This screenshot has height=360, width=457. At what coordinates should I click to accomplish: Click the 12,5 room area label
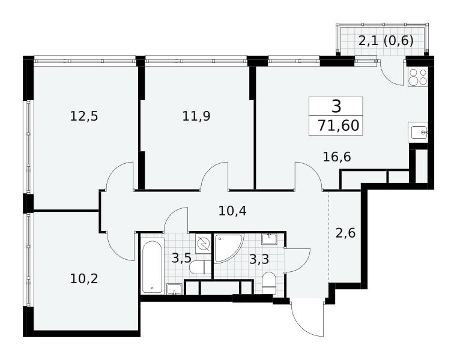(x=84, y=116)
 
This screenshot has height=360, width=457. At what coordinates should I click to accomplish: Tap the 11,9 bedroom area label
(x=196, y=116)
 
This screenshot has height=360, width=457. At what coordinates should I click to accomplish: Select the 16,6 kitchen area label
(x=337, y=157)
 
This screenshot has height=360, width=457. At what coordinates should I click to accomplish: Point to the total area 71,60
(x=338, y=126)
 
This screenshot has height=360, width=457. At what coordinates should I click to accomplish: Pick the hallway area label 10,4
(x=232, y=211)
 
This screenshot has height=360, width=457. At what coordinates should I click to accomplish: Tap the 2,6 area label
(x=345, y=233)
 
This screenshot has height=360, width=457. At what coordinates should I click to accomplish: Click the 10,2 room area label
(x=84, y=279)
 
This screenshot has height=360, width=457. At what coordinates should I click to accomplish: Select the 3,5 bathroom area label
(x=181, y=258)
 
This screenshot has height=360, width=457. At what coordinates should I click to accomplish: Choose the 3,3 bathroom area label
(x=259, y=259)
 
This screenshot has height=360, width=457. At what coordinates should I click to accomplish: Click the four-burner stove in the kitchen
(x=417, y=77)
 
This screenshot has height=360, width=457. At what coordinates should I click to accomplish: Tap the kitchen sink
(x=418, y=133)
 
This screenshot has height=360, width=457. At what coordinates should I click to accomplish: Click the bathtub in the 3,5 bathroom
(x=152, y=266)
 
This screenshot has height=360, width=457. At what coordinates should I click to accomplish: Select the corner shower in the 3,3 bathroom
(x=228, y=248)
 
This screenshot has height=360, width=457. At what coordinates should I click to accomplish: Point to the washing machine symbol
(x=203, y=243)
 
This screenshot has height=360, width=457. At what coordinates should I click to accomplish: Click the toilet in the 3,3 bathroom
(x=268, y=283)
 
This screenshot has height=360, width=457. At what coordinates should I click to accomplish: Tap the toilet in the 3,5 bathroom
(x=200, y=267)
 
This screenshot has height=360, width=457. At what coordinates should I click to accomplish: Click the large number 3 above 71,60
(x=336, y=106)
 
